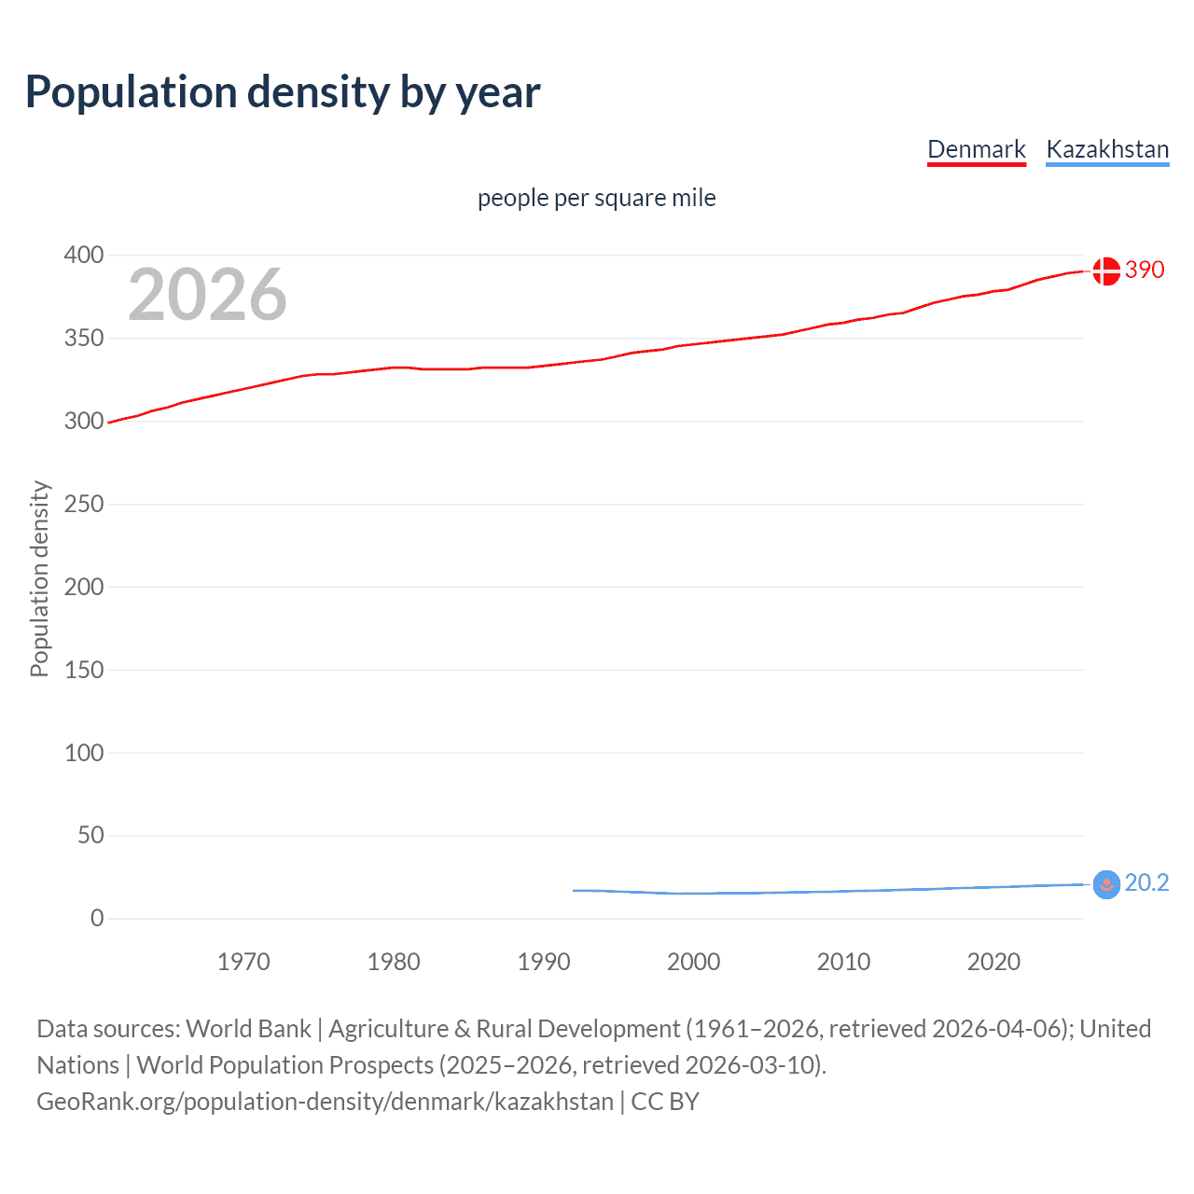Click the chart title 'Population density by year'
coord(283,91)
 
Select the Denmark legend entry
coord(976,149)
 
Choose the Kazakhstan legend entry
coord(1107,149)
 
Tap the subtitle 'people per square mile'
coord(596,198)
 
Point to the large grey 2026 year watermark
coord(207,295)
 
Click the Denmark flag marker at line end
coord(1105,271)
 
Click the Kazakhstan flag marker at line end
coord(1105,884)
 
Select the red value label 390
coord(1145,270)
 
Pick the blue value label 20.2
coord(1146,882)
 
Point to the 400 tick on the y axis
coord(84,255)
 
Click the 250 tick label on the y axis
coord(84,504)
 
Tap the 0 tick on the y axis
coord(97,918)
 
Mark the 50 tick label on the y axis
coord(90,835)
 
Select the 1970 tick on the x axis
coord(243,962)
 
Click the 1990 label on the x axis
coord(544,962)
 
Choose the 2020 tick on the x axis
coord(993,962)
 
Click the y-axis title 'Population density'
coord(39,578)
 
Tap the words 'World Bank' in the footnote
coord(248,1029)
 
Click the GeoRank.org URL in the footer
coord(325,1102)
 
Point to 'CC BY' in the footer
coord(665,1102)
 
